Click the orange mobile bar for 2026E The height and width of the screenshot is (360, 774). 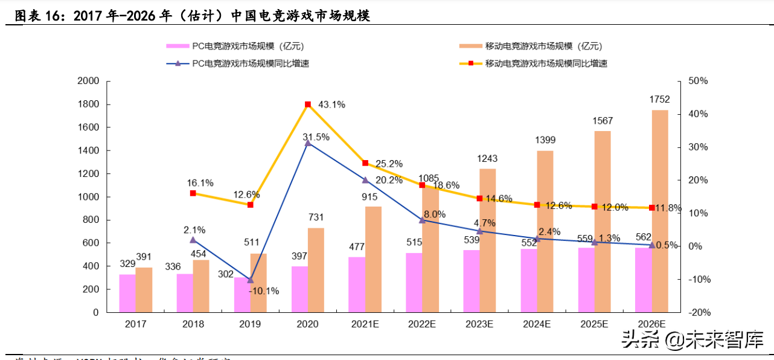point(660,211)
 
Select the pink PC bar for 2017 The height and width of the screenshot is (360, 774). point(127,294)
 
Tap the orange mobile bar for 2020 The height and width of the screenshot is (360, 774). point(316,270)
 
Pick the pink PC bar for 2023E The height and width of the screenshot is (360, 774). point(472,281)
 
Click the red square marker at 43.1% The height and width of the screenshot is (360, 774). point(308,104)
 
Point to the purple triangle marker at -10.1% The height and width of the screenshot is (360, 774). point(251,280)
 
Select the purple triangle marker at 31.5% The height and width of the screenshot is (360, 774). point(308,143)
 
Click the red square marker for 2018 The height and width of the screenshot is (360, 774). point(193,193)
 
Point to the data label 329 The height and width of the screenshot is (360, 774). point(127,264)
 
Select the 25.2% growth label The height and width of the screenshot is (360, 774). point(389,164)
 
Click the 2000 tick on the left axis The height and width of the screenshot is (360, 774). point(88,81)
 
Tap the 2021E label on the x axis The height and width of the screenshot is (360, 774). point(365,324)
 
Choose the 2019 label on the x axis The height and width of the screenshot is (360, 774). point(250,324)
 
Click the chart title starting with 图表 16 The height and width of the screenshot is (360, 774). point(192,16)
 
